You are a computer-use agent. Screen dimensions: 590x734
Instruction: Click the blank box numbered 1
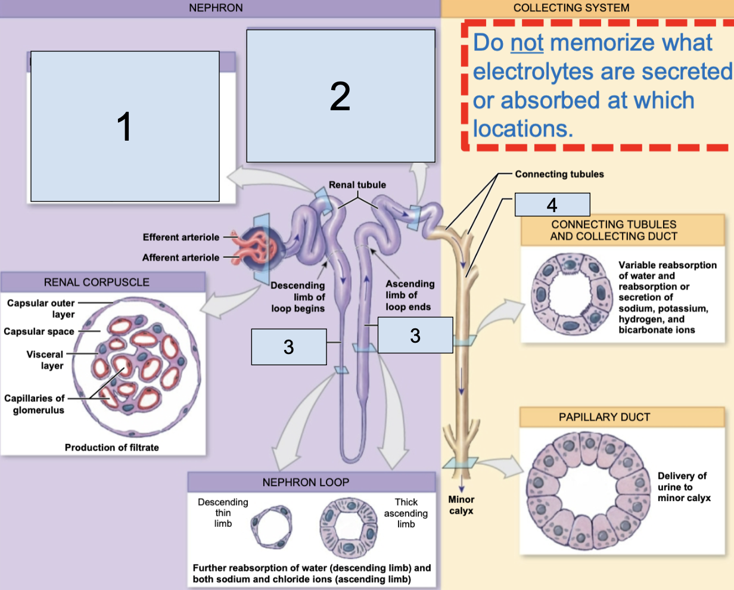[x=125, y=126]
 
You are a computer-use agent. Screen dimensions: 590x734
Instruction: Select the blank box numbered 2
[x=340, y=96]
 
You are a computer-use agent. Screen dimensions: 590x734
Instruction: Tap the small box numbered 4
[x=552, y=204]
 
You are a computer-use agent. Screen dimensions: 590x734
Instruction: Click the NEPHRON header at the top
[x=216, y=8]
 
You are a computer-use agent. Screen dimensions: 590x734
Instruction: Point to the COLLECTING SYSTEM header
[x=571, y=8]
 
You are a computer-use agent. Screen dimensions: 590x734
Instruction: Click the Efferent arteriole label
[x=181, y=237]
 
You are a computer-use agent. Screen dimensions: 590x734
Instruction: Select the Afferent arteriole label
[x=181, y=257]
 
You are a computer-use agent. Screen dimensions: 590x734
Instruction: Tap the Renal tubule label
[x=357, y=185]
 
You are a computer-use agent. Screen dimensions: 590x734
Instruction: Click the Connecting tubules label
[x=559, y=174]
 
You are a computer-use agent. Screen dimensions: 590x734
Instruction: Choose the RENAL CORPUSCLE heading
[x=97, y=282]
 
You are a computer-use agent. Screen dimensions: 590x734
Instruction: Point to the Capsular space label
[x=39, y=331]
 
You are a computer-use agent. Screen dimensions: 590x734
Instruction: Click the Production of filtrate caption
[x=111, y=448]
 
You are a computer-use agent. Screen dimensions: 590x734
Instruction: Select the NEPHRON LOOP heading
[x=306, y=482]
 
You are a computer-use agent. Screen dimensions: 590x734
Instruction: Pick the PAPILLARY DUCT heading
[x=604, y=417]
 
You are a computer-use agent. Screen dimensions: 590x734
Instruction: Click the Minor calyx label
[x=461, y=505]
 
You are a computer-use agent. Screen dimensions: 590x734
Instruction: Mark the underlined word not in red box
[x=527, y=43]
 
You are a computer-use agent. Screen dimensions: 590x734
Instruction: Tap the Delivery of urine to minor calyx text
[x=683, y=486]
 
